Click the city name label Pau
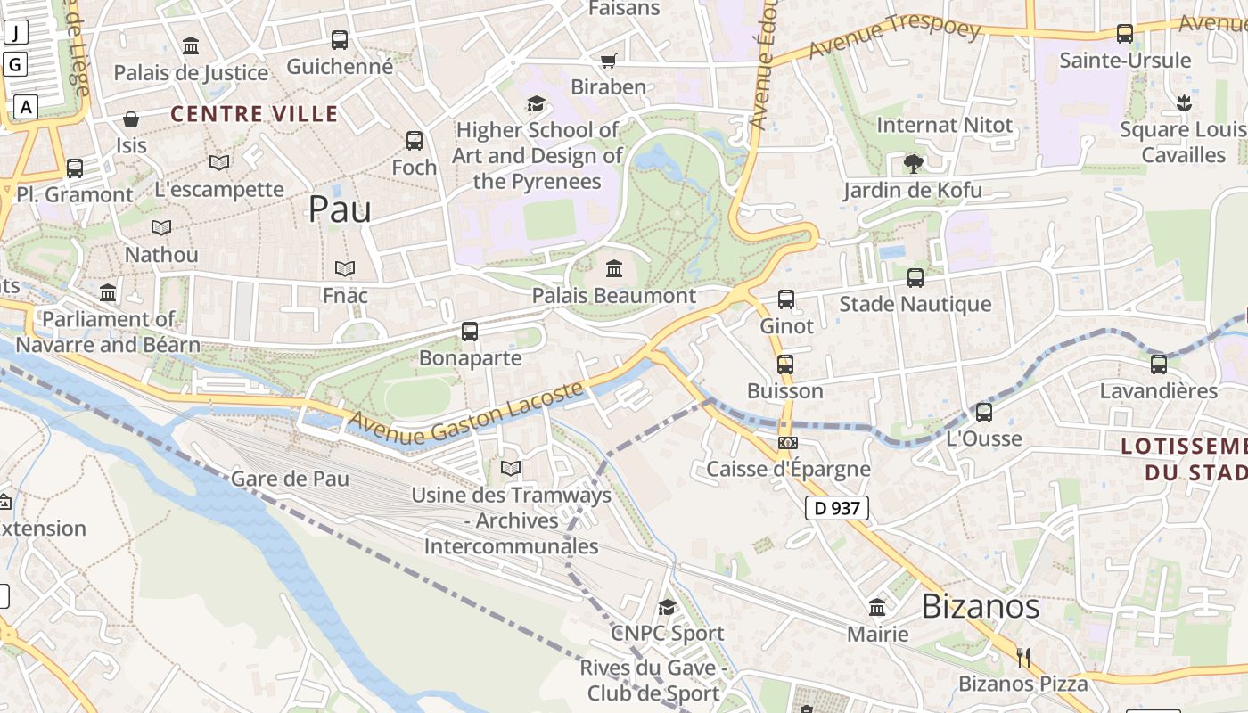pyautogui.click(x=340, y=209)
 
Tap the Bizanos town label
pyautogui.click(x=980, y=606)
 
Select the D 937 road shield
pyautogui.click(x=836, y=508)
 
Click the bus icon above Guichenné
pyautogui.click(x=340, y=40)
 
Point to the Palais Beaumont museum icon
pyautogui.click(x=614, y=268)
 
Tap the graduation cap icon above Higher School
pyautogui.click(x=536, y=104)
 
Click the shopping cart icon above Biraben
pyautogui.click(x=609, y=61)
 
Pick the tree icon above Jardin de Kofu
pyautogui.click(x=913, y=163)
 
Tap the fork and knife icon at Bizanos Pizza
pyautogui.click(x=1023, y=658)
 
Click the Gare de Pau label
pyautogui.click(x=290, y=479)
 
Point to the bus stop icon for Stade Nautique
pyautogui.click(x=915, y=278)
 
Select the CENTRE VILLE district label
pyautogui.click(x=254, y=114)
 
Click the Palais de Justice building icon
pyautogui.click(x=191, y=45)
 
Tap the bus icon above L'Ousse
pyautogui.click(x=984, y=413)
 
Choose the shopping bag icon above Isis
pyautogui.click(x=131, y=119)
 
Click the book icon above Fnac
pyautogui.click(x=345, y=268)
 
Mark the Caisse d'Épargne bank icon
pyautogui.click(x=788, y=442)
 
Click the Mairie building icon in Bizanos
pyautogui.click(x=877, y=608)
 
